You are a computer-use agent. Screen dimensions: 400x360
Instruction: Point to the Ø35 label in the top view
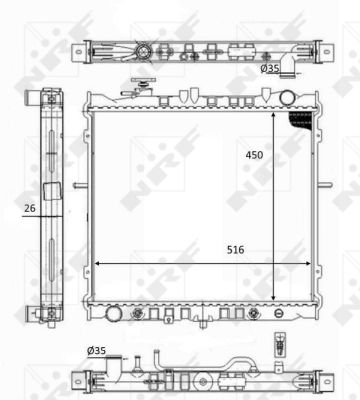tap(269, 69)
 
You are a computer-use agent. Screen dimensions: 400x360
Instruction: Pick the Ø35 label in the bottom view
tap(97, 350)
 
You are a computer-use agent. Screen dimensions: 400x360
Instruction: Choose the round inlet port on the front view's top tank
tap(289, 97)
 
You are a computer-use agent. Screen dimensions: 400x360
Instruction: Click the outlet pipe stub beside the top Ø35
tap(291, 66)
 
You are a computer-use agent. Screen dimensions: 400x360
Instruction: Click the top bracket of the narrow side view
tap(48, 97)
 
